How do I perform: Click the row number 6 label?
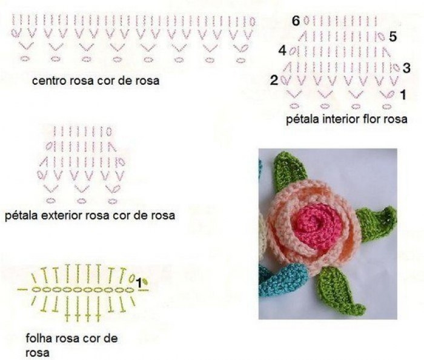coord(296,21)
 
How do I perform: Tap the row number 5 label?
coord(393,36)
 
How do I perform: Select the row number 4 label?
coord(282,50)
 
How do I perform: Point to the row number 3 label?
coord(406,68)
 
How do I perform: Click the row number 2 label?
coord(274,80)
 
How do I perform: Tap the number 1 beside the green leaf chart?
coord(139,283)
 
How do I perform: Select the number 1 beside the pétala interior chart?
coord(403,95)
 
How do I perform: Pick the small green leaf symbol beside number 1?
coord(145,281)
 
